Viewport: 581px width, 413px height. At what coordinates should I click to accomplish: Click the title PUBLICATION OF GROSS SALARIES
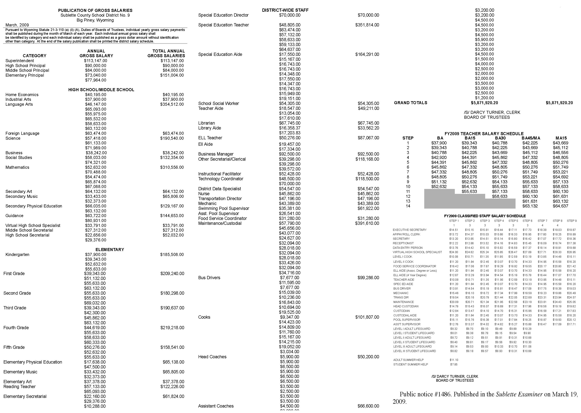(95, 10)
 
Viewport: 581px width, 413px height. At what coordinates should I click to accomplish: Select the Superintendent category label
(20, 61)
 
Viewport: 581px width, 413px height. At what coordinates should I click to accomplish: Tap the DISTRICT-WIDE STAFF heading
(285, 10)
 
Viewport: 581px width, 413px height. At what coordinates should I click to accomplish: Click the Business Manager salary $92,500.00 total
(368, 154)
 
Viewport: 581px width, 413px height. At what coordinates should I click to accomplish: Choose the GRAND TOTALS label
(410, 103)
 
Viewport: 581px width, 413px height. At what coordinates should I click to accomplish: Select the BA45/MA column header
(531, 138)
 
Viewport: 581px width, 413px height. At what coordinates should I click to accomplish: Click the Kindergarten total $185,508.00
(172, 255)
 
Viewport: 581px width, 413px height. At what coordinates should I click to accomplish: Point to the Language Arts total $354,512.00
(172, 104)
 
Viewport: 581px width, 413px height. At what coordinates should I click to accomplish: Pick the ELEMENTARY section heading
(110, 250)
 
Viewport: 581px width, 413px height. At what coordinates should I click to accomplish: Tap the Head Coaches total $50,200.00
(368, 357)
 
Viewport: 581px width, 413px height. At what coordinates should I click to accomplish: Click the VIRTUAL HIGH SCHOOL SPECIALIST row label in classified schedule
(417, 252)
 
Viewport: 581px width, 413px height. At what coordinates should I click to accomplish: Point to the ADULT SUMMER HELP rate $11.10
(454, 360)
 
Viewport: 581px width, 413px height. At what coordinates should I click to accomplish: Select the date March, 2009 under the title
(17, 25)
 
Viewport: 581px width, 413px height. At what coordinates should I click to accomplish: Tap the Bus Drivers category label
(209, 278)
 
